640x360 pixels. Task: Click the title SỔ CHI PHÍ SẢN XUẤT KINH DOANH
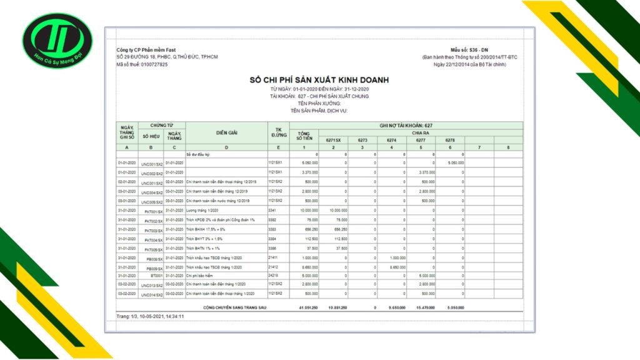(319, 81)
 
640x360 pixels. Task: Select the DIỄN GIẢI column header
(226, 133)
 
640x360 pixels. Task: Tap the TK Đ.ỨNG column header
(278, 132)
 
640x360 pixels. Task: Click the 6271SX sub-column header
(333, 140)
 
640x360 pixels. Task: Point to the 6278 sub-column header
(450, 140)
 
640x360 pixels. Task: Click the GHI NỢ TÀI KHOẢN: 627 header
(406, 126)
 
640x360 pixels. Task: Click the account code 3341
(272, 211)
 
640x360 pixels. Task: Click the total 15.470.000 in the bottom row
(422, 308)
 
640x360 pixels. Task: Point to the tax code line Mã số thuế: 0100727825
(142, 65)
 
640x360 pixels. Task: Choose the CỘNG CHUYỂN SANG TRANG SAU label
(236, 308)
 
